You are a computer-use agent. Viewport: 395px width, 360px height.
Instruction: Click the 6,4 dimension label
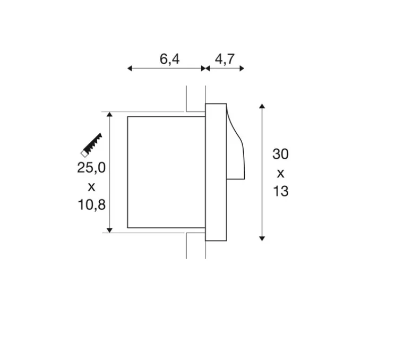click(169, 59)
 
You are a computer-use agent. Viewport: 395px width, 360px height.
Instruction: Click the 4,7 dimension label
click(225, 59)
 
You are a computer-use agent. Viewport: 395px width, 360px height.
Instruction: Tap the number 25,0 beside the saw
click(91, 168)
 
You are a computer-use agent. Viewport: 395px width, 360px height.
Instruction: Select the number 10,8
click(92, 204)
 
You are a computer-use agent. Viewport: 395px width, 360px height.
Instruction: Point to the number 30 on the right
click(280, 154)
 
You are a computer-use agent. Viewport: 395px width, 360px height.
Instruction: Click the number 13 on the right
click(281, 191)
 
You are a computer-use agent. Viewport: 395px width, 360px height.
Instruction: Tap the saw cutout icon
click(91, 145)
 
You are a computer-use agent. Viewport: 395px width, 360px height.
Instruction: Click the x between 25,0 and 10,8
click(91, 187)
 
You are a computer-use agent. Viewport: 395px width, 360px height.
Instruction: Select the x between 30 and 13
click(281, 174)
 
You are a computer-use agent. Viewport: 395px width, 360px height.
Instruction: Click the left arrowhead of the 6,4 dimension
click(130, 68)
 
